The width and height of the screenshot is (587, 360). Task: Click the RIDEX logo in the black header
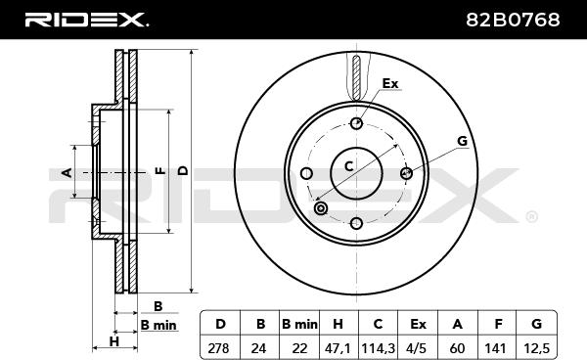point(86,20)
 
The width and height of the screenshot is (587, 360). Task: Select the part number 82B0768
point(513,20)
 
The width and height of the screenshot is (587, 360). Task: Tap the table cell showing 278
point(218,348)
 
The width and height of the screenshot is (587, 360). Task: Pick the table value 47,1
point(339,348)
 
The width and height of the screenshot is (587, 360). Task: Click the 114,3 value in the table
point(378,348)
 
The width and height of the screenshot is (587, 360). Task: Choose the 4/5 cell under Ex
point(417,348)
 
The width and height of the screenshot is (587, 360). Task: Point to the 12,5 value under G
point(536,348)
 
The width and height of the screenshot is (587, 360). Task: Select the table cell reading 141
point(495,348)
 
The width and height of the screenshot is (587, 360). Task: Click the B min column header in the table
point(300,324)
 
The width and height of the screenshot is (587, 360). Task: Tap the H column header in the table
point(339,324)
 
